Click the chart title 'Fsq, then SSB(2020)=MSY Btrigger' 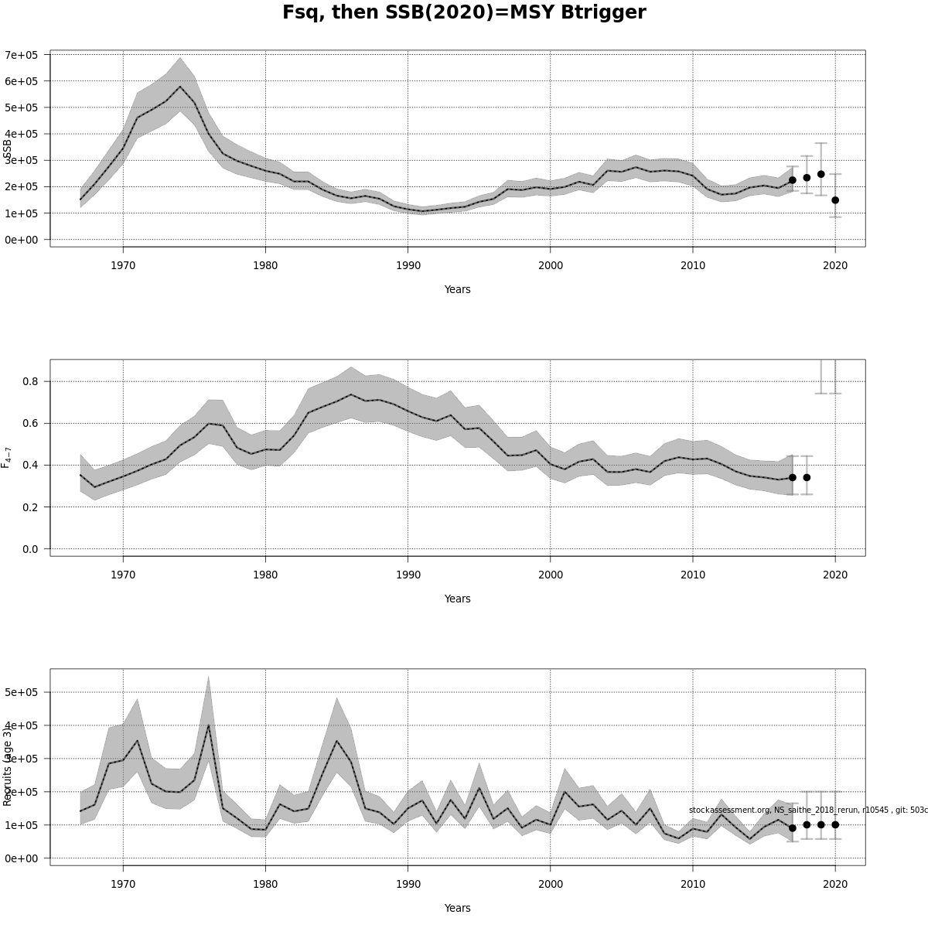[x=464, y=13]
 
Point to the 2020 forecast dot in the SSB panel [x=835, y=200]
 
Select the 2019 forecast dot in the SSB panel [x=821, y=174]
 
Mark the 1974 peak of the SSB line [x=180, y=87]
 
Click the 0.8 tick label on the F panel [x=30, y=381]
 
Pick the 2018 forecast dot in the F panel [x=807, y=477]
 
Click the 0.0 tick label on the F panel [x=30, y=549]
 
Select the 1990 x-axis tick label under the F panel [x=408, y=575]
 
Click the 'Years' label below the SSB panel [x=457, y=289]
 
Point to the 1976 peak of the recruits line [x=208, y=725]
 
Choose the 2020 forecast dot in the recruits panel [x=835, y=824]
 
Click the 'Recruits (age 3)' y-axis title [x=8, y=766]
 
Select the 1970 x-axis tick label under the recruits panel [x=123, y=884]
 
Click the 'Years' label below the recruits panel [x=457, y=908]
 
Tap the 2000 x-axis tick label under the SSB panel [x=551, y=265]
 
